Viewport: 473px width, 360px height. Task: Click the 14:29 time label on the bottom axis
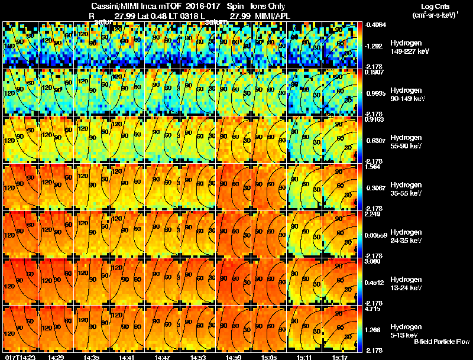coord(56,357)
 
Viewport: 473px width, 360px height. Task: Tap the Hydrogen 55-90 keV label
coord(407,141)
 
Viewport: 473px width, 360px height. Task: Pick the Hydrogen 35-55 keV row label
coord(407,189)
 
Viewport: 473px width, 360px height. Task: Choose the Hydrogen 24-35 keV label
coord(407,236)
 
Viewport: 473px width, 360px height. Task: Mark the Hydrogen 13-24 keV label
coord(407,283)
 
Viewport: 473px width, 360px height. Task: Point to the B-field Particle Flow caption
coord(442,342)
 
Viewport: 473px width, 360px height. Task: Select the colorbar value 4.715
coord(373,309)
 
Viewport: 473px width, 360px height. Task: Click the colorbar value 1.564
coord(373,167)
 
